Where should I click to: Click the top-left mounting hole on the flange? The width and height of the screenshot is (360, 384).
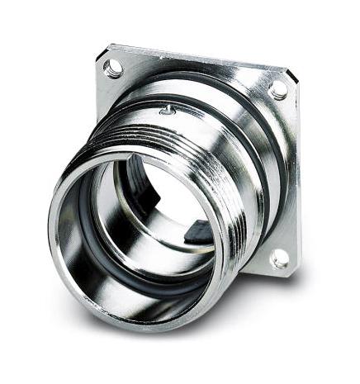[x=113, y=67]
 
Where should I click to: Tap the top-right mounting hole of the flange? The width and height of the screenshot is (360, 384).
[x=279, y=89]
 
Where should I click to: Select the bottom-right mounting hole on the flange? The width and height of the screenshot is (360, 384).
[x=279, y=258]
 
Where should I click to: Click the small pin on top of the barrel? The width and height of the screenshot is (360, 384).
[x=167, y=109]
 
